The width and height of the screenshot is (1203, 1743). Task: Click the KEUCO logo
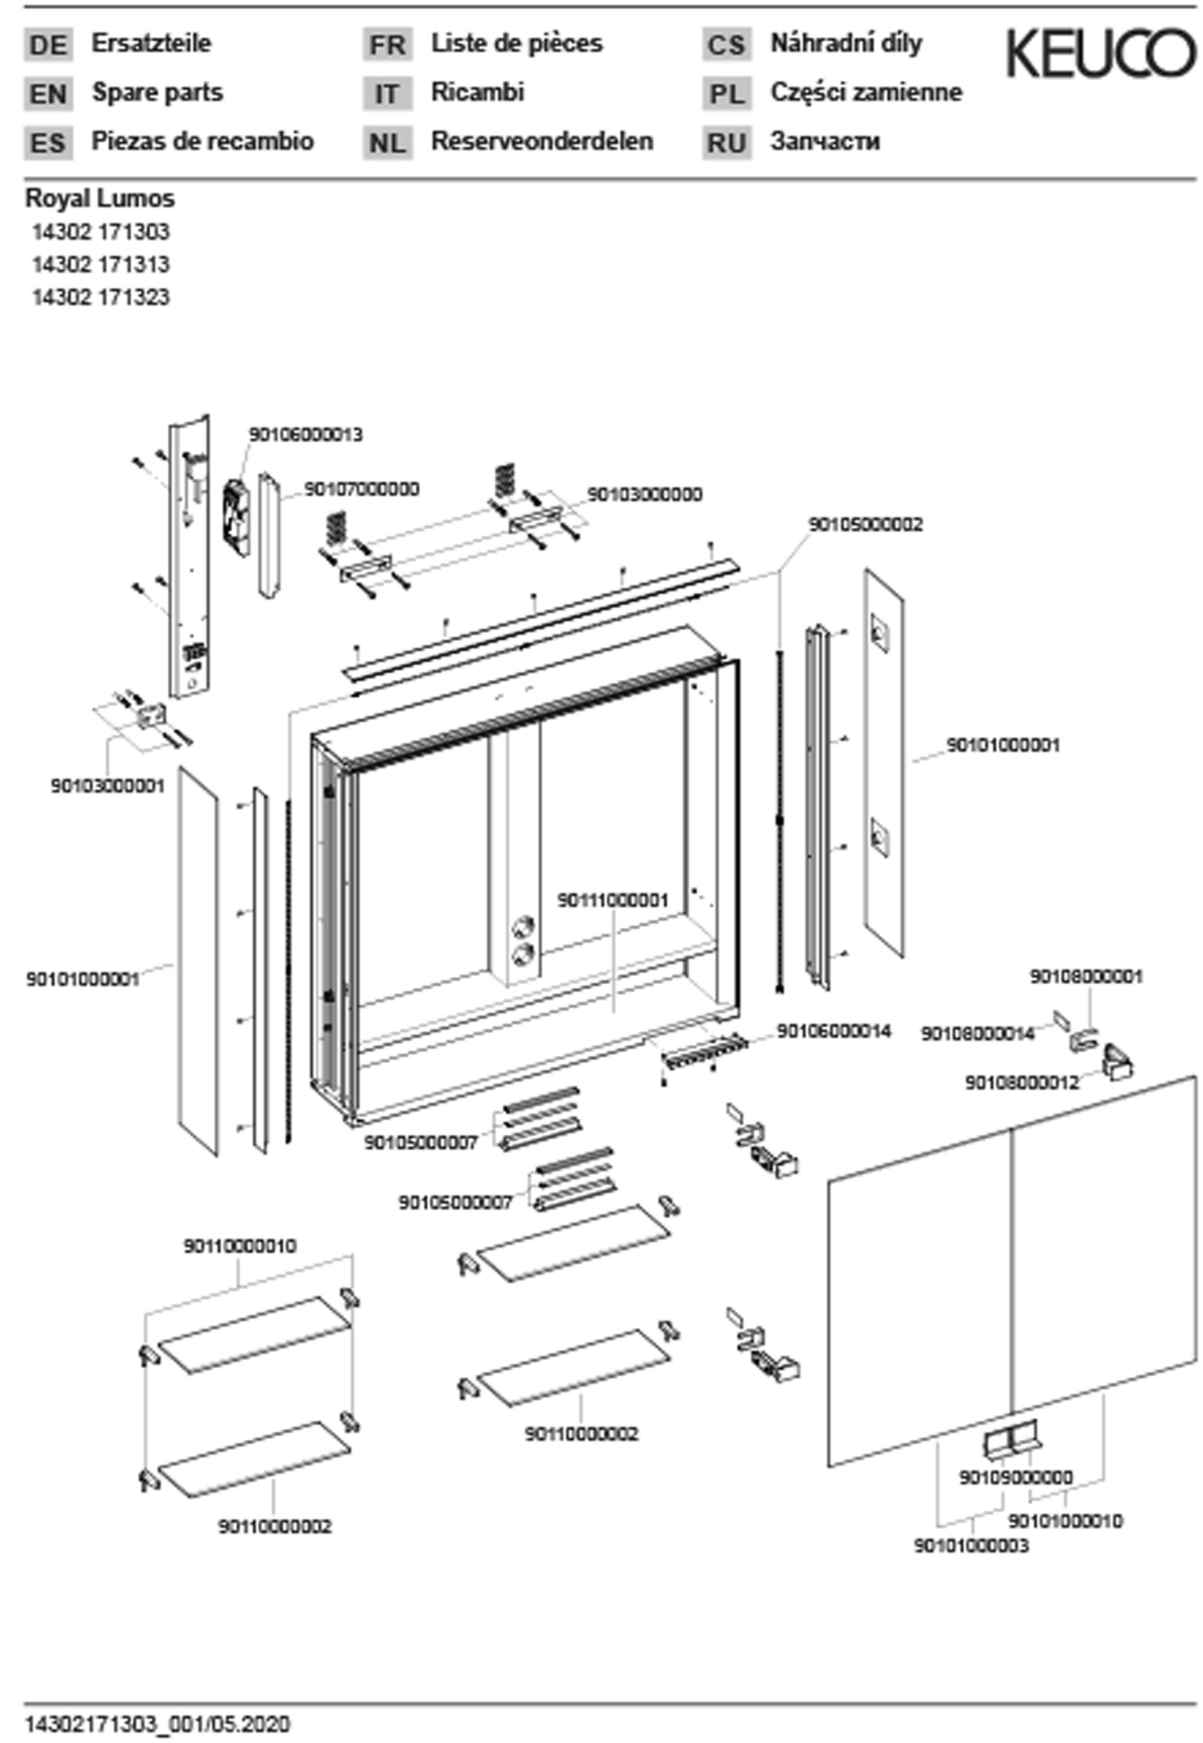(1100, 53)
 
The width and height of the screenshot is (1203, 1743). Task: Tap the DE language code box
(48, 45)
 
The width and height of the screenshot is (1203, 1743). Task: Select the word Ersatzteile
(151, 43)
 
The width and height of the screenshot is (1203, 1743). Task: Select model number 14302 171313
(100, 264)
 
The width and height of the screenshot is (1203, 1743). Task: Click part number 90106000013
(305, 435)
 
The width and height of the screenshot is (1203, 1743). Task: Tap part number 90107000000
(362, 489)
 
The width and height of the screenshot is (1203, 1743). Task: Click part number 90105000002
(865, 523)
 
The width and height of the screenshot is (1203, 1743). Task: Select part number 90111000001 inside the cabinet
(612, 900)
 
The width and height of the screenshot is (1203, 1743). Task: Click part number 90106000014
(834, 1030)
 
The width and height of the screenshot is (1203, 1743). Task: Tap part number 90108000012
(1022, 1082)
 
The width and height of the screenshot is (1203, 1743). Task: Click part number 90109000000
(1015, 1477)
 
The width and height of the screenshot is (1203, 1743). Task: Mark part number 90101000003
(971, 1545)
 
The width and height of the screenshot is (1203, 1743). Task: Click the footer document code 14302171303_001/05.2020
(157, 1724)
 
